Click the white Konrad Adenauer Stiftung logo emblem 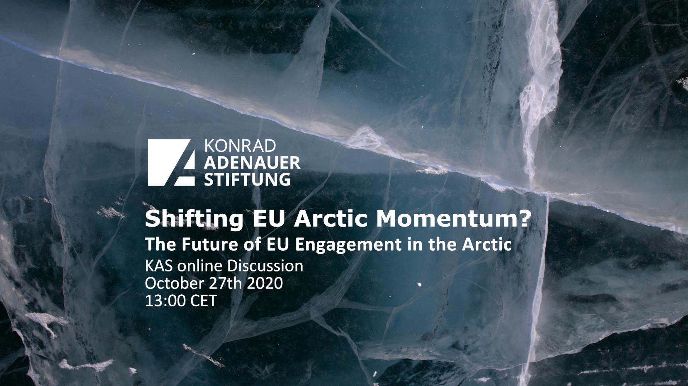tap(171, 163)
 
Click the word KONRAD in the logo tap(240, 146)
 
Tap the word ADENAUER tap(252, 163)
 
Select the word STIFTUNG tap(247, 179)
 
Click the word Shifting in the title tap(194, 220)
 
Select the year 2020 tap(265, 283)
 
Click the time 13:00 tap(165, 301)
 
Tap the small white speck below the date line tap(420, 285)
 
